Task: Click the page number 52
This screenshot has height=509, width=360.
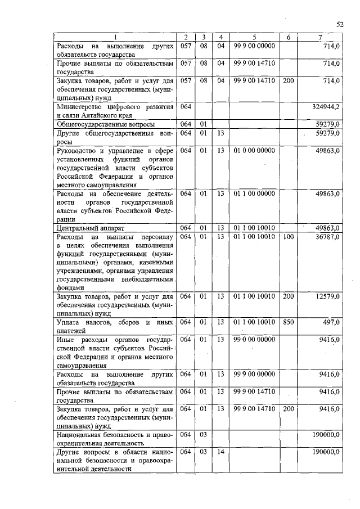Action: point(339,24)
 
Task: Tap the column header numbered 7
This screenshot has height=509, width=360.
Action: point(319,37)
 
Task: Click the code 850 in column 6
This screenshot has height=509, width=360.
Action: point(288,322)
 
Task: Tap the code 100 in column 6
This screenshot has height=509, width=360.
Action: point(288,237)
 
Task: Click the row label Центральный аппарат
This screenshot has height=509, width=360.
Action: point(89,228)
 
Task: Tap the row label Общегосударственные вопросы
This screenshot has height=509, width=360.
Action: point(104,124)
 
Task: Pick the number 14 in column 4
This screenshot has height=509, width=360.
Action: point(220,452)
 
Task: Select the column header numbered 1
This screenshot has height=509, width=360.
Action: point(115,37)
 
